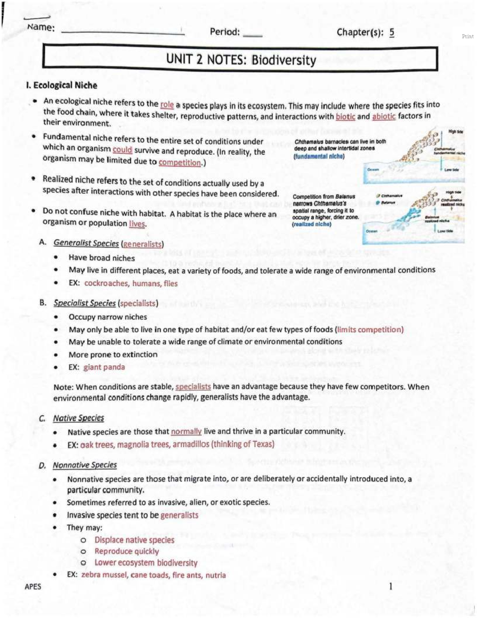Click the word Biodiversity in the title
tap(284, 60)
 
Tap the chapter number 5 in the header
tap(392, 32)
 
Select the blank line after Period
tap(252, 34)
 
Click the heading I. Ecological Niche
tap(61, 85)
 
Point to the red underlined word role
tap(167, 105)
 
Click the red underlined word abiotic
tap(384, 116)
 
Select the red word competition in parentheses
tap(179, 163)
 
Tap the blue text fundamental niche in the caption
tap(319, 156)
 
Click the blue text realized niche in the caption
tap(312, 224)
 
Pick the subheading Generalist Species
tap(86, 243)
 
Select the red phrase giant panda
tap(104, 367)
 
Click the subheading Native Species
tap(78, 418)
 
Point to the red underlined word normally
tap(186, 431)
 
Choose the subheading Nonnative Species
tap(84, 465)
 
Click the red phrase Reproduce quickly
tap(127, 551)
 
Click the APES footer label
tap(33, 586)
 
